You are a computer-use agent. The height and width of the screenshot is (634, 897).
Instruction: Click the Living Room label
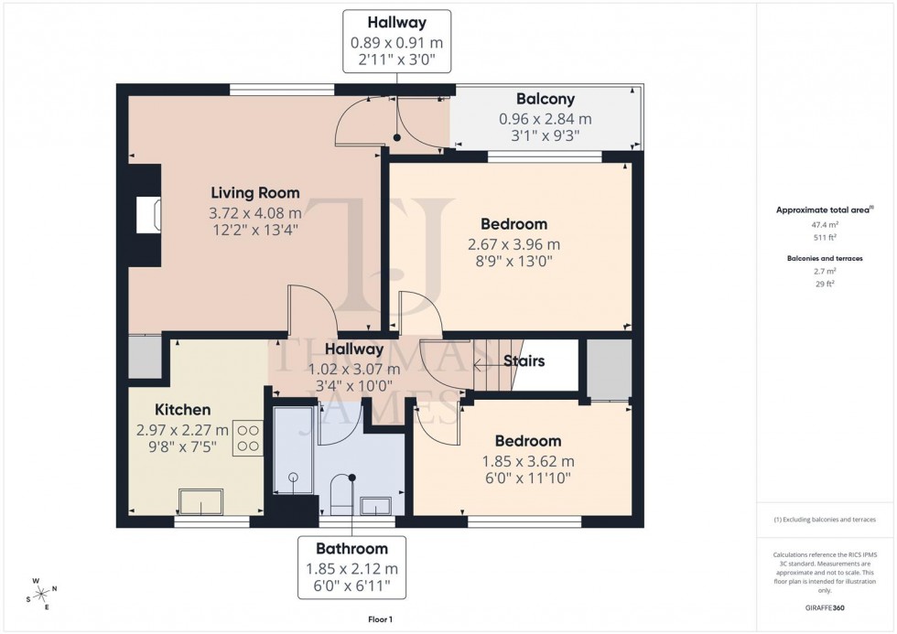click(x=255, y=193)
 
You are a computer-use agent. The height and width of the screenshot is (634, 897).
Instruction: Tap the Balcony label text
click(x=545, y=99)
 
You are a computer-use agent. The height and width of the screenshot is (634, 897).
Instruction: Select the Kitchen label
click(x=182, y=410)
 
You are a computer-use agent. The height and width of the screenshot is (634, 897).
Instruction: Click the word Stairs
click(x=524, y=361)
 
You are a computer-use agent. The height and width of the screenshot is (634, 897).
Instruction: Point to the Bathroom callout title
click(x=351, y=549)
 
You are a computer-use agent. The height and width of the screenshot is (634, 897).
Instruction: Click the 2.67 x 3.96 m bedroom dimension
click(x=513, y=244)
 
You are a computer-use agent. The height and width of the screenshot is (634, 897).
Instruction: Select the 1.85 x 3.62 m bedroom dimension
click(x=528, y=461)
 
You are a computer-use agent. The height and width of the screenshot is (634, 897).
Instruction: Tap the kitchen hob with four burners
click(x=248, y=437)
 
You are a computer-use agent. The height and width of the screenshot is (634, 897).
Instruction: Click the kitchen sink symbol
click(x=200, y=502)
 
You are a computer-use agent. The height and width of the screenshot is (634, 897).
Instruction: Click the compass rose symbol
click(x=42, y=592)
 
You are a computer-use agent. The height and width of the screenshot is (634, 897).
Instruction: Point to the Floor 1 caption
click(x=378, y=619)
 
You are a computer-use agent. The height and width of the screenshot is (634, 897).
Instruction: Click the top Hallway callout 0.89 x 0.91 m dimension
click(x=396, y=42)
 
